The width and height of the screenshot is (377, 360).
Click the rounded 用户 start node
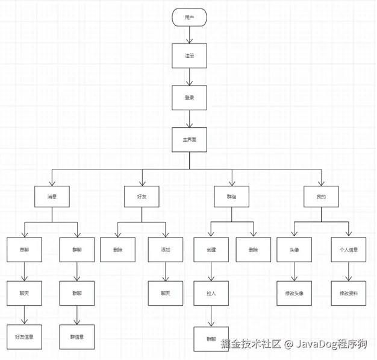[x=189, y=17]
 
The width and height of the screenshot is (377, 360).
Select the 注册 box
[x=189, y=56]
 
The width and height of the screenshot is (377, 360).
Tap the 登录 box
[x=189, y=97]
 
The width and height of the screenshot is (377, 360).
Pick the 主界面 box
[x=189, y=139]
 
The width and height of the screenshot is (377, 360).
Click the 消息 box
[x=52, y=197]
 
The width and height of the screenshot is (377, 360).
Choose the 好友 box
[x=142, y=197]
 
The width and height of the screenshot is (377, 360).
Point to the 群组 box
[x=232, y=197]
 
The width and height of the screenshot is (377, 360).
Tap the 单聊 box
[x=24, y=250]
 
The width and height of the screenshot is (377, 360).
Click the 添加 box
[x=165, y=250]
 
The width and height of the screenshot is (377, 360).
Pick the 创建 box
[x=211, y=250]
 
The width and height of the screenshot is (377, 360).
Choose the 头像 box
[x=293, y=250]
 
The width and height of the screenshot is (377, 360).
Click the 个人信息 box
[x=349, y=250]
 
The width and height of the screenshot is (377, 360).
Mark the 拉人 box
[x=211, y=292]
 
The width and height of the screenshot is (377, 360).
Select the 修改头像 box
[x=293, y=293]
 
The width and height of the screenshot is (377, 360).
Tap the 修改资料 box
[x=349, y=293]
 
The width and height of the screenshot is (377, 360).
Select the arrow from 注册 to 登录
[x=189, y=77]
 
